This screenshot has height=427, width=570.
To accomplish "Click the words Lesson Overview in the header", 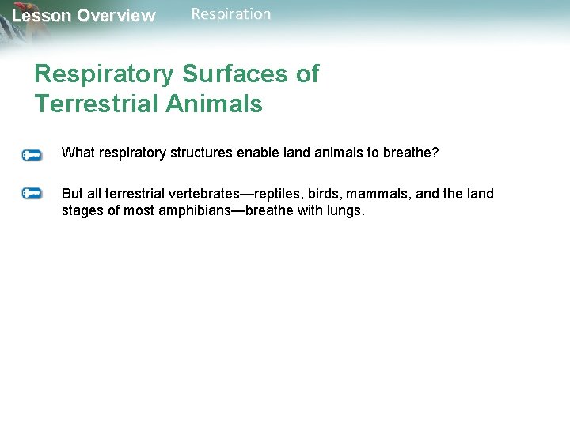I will pyautogui.click(x=83, y=16).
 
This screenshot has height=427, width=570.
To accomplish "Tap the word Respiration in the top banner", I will pyautogui.click(x=230, y=14).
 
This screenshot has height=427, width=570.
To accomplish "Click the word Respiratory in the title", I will pyautogui.click(x=104, y=74).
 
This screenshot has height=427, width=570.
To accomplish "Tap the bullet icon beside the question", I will pyautogui.click(x=32, y=155).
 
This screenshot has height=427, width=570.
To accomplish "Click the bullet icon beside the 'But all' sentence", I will pyautogui.click(x=32, y=193).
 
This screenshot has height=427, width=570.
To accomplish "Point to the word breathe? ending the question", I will pyautogui.click(x=411, y=153).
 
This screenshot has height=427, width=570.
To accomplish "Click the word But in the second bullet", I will pyautogui.click(x=73, y=194).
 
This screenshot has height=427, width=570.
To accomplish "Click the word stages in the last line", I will pyautogui.click(x=82, y=212).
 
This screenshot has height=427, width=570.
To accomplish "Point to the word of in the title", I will pyautogui.click(x=306, y=74).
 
